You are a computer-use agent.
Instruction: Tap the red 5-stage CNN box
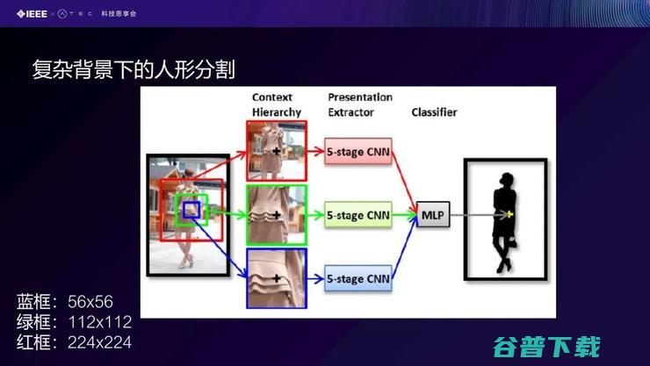tap(357, 152)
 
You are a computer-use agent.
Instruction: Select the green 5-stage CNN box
tap(357, 214)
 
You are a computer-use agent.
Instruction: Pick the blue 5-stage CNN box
tap(357, 279)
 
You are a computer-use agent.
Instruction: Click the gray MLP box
tap(432, 214)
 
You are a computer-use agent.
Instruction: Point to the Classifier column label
tap(434, 112)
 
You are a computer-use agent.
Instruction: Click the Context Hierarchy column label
tap(276, 104)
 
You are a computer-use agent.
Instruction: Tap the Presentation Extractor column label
tap(359, 104)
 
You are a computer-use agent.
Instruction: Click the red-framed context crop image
tap(276, 151)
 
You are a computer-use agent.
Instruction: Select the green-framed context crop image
tap(276, 214)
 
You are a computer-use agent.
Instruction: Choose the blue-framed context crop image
tap(276, 279)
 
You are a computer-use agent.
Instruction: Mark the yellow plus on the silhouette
tap(510, 214)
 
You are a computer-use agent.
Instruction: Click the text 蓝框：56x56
tap(65, 301)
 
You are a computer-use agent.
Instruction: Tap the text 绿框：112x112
tap(74, 321)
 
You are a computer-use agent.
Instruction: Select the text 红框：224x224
tap(74, 341)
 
